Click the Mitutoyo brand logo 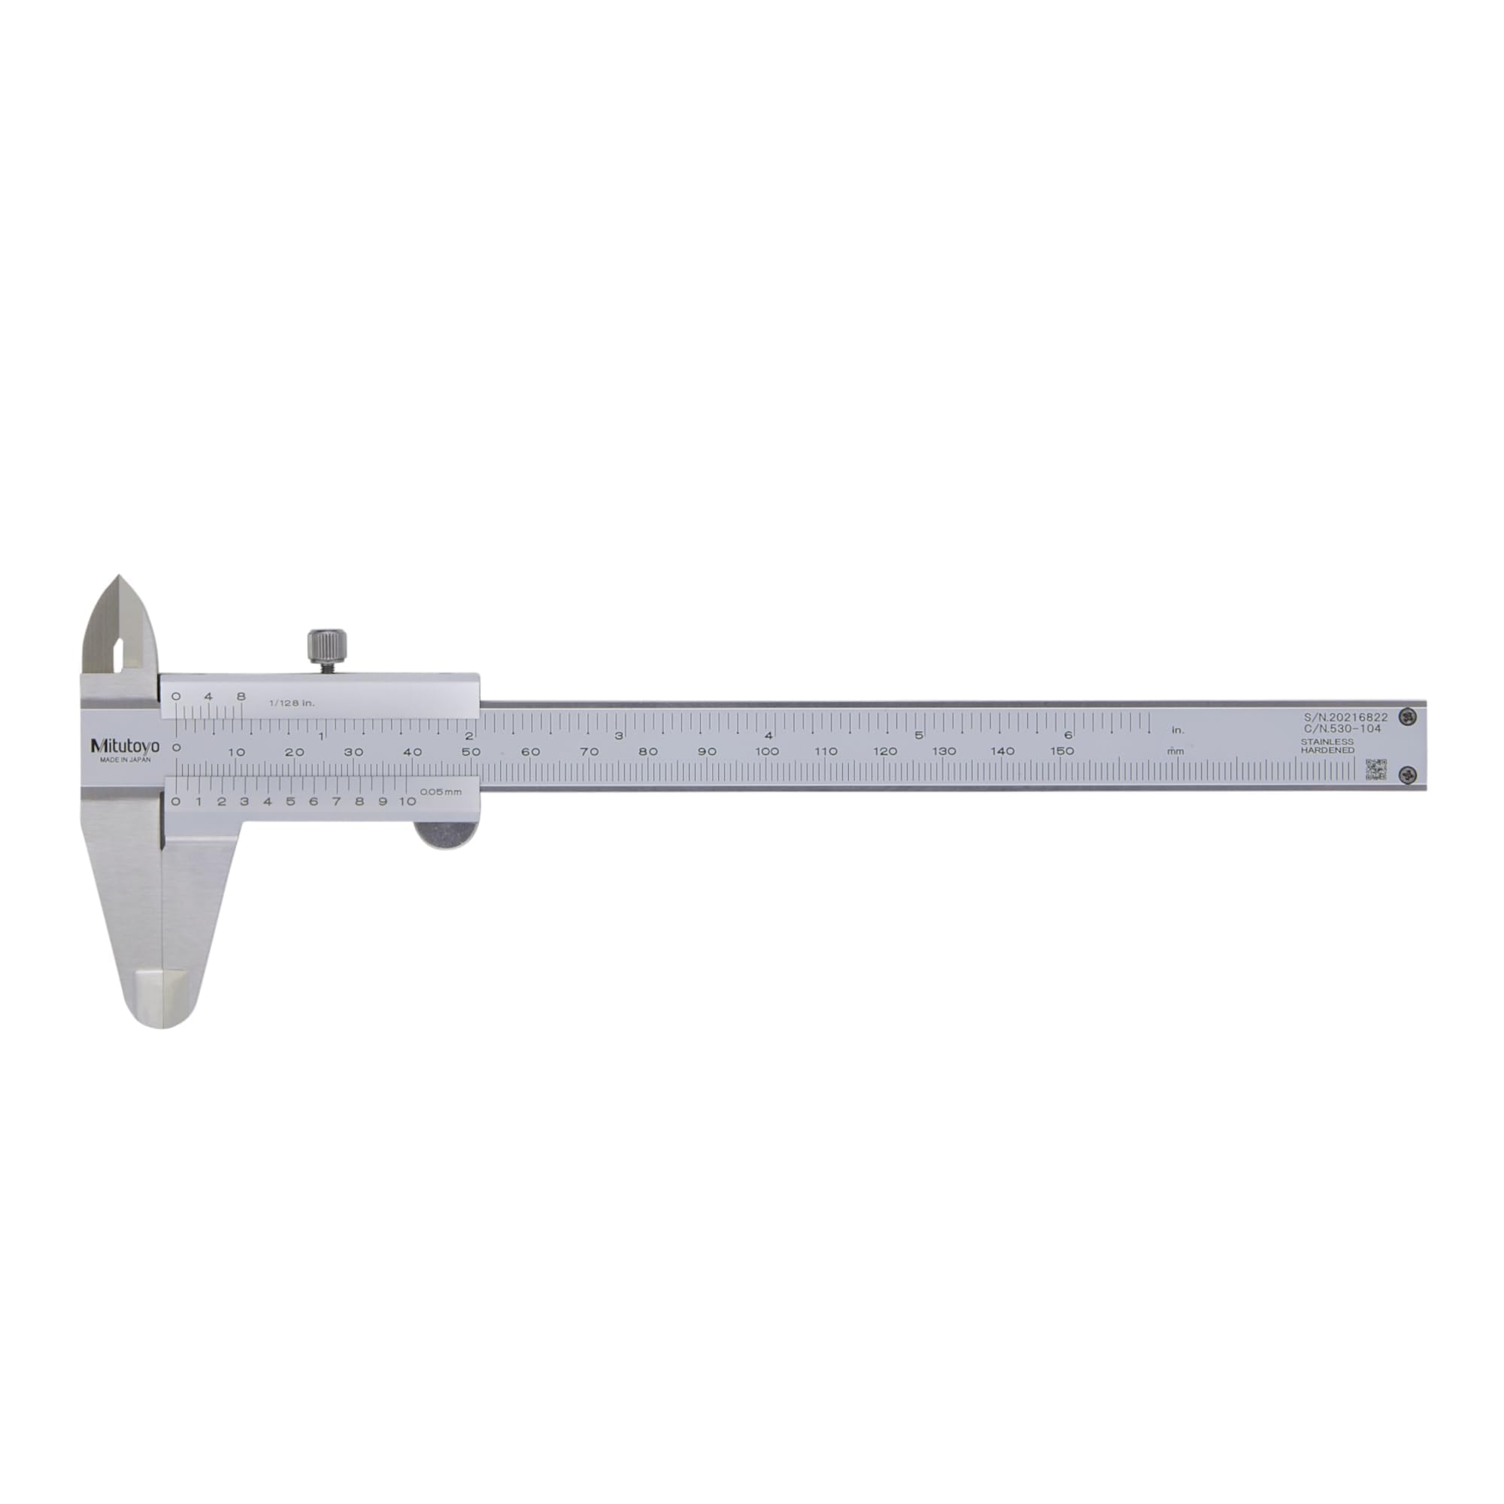coord(125,746)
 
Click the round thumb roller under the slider coord(446,835)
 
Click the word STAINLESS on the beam coord(1327,742)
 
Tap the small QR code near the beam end coord(1375,769)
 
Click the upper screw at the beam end coord(1407,715)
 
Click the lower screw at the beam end coord(1407,773)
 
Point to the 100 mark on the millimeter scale coord(767,751)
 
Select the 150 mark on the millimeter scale coord(1062,751)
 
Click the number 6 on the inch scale coord(1068,735)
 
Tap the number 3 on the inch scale coord(619,735)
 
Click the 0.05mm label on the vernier coord(441,792)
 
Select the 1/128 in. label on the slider coord(292,703)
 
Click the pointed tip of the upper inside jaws coord(119,577)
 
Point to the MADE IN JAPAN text coord(126,760)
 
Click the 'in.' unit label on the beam coord(1178,730)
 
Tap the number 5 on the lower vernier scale coord(290,802)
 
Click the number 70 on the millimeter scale coord(590,751)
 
